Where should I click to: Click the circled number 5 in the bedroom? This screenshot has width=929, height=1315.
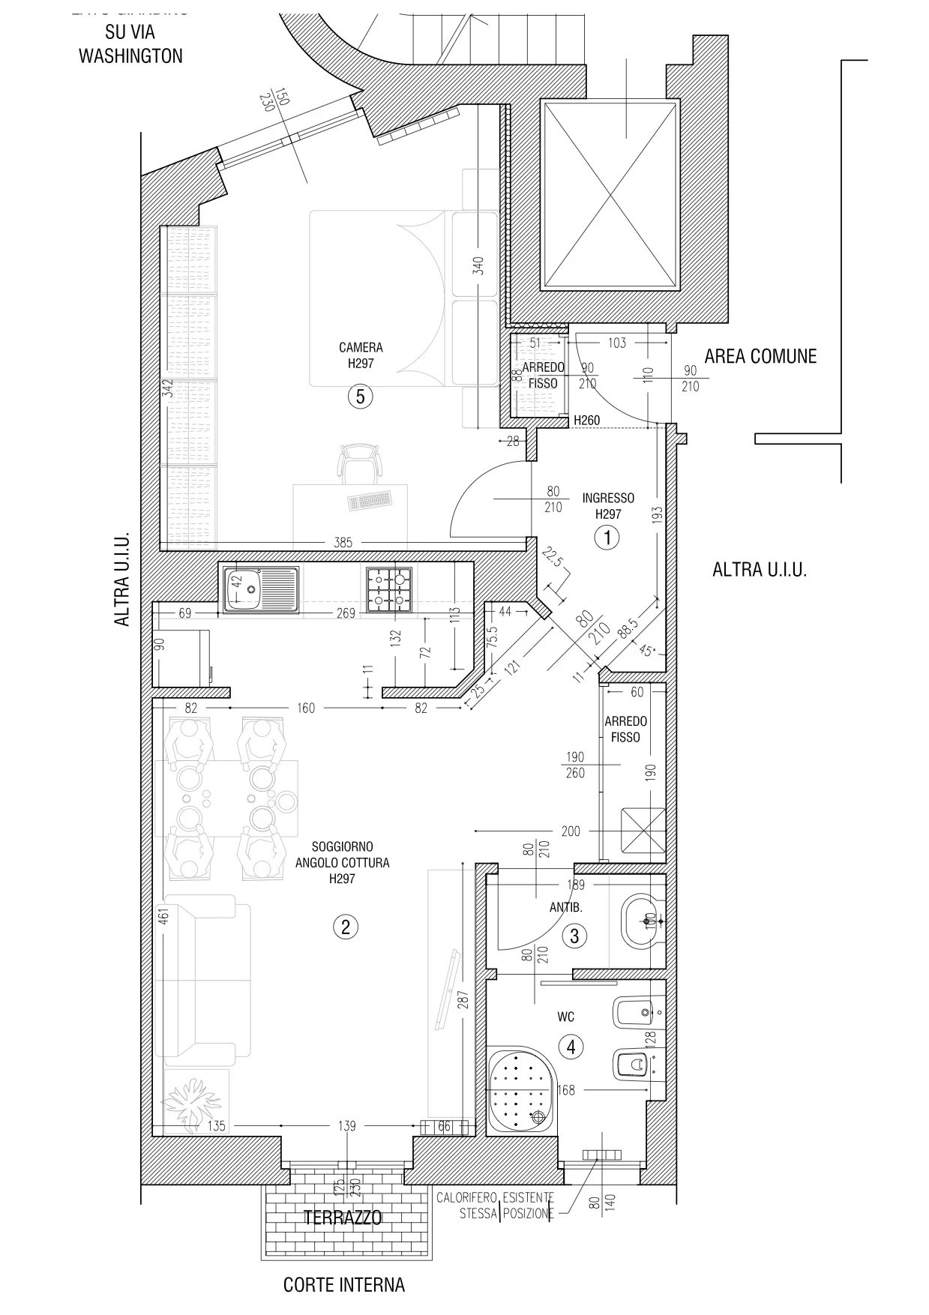360,397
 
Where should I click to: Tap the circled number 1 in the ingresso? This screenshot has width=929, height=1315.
607,537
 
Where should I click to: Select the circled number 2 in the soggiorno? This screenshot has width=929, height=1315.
345,927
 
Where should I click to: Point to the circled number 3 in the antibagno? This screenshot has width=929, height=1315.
574,936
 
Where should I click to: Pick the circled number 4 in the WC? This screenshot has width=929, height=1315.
571,1046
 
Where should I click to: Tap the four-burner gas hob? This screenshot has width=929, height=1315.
389,587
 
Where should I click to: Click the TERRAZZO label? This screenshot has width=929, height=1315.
343,1218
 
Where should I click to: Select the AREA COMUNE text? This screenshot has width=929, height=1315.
760,356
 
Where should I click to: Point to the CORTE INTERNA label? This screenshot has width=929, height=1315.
343,1285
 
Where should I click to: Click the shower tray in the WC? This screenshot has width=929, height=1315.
522,1092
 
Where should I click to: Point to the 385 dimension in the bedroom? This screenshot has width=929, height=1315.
343,543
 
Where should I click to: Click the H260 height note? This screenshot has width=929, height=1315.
586,421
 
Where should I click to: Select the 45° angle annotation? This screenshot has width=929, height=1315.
647,651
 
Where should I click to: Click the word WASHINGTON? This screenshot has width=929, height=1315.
130,55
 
